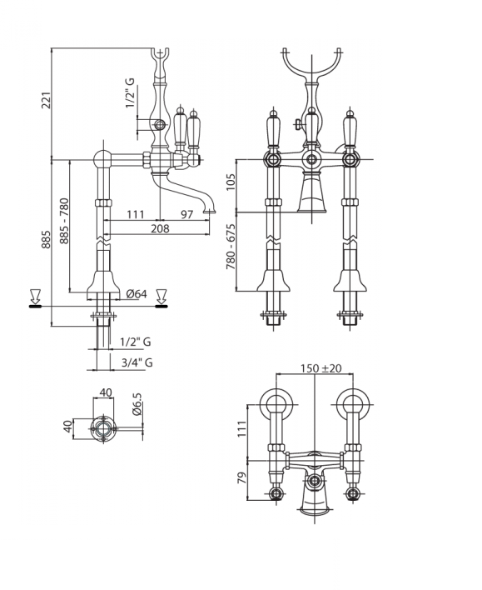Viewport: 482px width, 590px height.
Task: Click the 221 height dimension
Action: (x=47, y=100)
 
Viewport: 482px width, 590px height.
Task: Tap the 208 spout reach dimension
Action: (x=160, y=228)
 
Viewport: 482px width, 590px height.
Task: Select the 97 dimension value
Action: (x=186, y=214)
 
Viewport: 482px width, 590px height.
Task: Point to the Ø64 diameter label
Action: (x=137, y=293)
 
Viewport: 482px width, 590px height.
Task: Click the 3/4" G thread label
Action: (x=137, y=362)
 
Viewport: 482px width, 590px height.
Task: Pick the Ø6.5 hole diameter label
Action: (x=137, y=404)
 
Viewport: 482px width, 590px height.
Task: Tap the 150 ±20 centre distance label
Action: (x=321, y=368)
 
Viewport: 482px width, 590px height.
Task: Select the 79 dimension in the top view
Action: (x=242, y=477)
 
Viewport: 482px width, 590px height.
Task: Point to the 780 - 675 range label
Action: (x=231, y=247)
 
